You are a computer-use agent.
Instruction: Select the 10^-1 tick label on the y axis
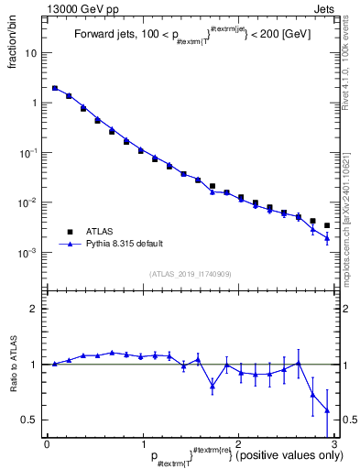[x=29, y=152]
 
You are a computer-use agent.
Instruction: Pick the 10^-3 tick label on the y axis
[x=29, y=252]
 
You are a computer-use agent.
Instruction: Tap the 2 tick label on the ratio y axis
[x=35, y=309]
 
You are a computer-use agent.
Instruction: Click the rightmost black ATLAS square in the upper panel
[x=327, y=224]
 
